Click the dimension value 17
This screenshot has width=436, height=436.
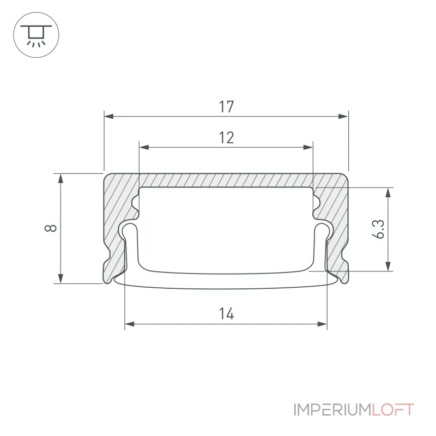[x=226, y=107]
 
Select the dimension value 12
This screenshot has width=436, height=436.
[x=226, y=138]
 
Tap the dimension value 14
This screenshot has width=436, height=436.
[x=226, y=314]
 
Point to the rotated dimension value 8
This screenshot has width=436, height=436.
[x=51, y=228]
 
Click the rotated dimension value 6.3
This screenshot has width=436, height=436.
[x=378, y=229]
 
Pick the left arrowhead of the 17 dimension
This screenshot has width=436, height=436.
[x=109, y=116]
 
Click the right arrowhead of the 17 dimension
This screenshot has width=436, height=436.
[x=343, y=116]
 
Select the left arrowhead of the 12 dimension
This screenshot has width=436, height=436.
[x=144, y=147]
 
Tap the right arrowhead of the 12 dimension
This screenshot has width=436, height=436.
[x=308, y=147]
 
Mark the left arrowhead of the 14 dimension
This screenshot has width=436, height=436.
[x=130, y=324]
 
